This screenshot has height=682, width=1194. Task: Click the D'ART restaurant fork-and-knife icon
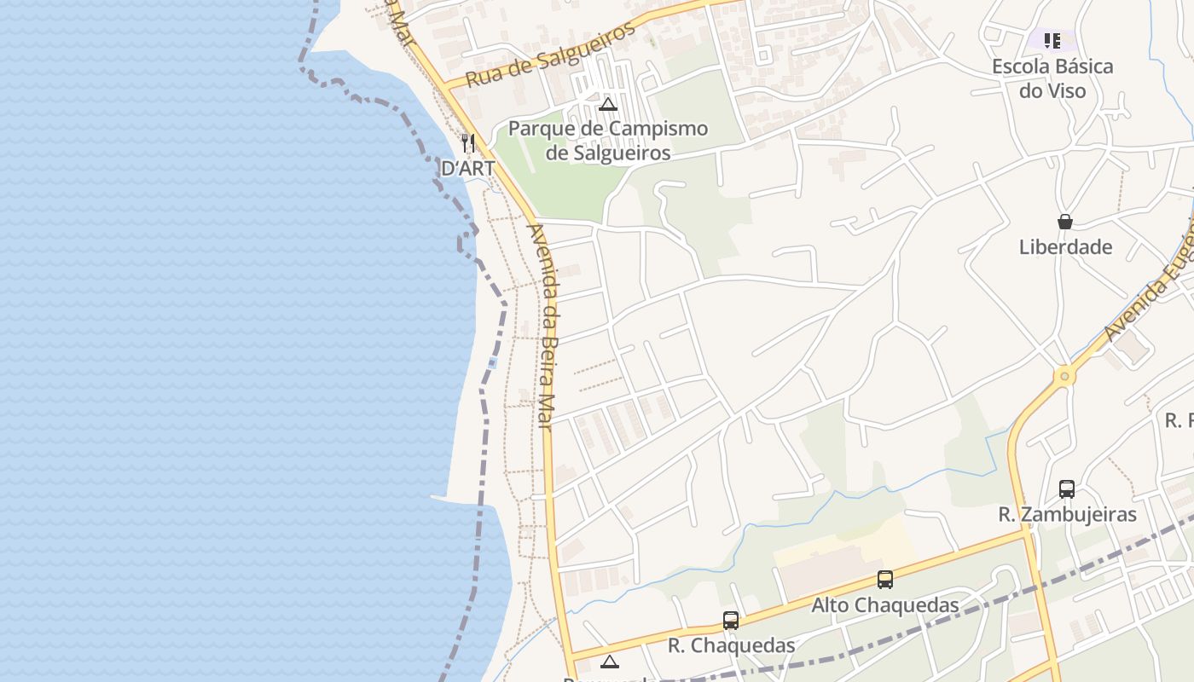(467, 142)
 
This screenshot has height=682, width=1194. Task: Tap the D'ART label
(467, 168)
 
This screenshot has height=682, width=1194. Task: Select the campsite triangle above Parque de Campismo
(608, 105)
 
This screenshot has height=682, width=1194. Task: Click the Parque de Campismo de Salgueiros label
(608, 141)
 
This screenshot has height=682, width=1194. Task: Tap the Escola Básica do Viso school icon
(1052, 40)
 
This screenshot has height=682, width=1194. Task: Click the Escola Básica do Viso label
(1052, 78)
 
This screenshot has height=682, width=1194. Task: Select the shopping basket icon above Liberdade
(1065, 222)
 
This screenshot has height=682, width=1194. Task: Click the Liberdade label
(1065, 247)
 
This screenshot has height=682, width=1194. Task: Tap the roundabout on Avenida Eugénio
(1064, 375)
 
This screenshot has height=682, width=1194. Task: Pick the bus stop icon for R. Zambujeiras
(1067, 489)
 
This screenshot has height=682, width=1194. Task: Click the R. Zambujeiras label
(1067, 515)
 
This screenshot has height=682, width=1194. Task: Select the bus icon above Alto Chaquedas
(885, 580)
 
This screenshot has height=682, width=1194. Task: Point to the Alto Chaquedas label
(884, 605)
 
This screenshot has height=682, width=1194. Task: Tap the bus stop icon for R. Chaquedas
(731, 621)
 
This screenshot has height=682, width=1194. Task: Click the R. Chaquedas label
(731, 645)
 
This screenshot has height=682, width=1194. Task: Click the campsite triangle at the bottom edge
(609, 662)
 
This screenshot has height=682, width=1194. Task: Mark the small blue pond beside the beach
(493, 363)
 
